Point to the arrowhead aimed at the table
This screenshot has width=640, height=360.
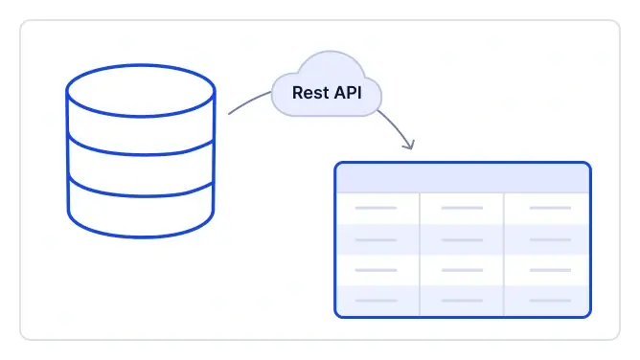pyautogui.click(x=410, y=146)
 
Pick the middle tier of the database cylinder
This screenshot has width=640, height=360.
pyautogui.click(x=141, y=161)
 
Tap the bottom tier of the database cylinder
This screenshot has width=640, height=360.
pyautogui.click(x=141, y=209)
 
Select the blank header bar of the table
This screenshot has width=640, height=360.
pyautogui.click(x=463, y=178)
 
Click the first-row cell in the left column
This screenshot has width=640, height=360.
pyautogui.click(x=377, y=208)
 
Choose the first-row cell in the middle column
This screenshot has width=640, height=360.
pyautogui.click(x=462, y=208)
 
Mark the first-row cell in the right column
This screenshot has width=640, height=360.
pyautogui.click(x=547, y=208)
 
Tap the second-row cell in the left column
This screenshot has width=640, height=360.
pyautogui.click(x=377, y=239)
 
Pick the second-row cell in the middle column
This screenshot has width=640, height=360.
pyautogui.click(x=462, y=239)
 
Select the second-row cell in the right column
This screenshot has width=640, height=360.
pyautogui.click(x=547, y=239)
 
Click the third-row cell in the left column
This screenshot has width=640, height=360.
pyautogui.click(x=377, y=270)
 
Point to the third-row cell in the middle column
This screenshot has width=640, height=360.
pyautogui.click(x=462, y=270)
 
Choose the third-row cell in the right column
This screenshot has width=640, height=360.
pyautogui.click(x=547, y=270)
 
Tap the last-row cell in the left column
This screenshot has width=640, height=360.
pyautogui.click(x=377, y=301)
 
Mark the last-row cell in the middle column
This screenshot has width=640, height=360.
pyautogui.click(x=462, y=301)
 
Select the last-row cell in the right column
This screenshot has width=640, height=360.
pyautogui.click(x=547, y=301)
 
